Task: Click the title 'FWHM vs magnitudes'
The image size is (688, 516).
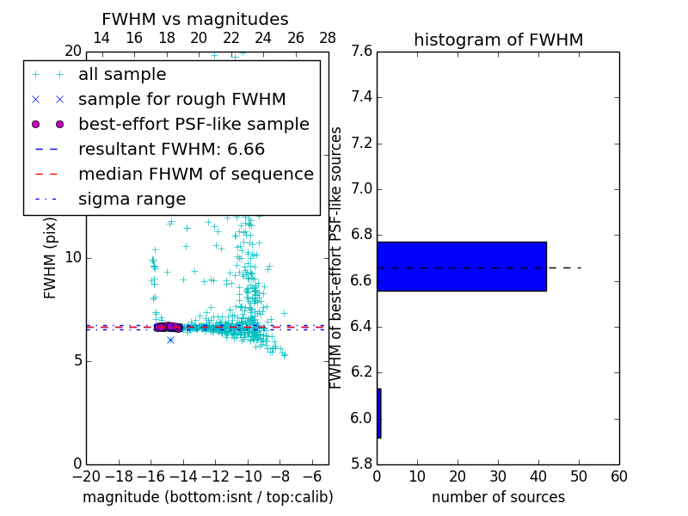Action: pos(195,19)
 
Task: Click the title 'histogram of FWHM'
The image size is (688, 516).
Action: pos(498,40)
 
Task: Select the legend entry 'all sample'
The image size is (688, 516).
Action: pos(122,75)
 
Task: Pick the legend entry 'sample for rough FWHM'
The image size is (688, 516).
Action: pos(181,100)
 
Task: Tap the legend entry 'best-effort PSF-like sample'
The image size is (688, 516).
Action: pos(193,125)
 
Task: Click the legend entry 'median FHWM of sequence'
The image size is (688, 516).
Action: pos(195,175)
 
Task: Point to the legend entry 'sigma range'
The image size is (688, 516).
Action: pos(132,200)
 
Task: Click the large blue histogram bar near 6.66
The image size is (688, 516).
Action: pos(461,267)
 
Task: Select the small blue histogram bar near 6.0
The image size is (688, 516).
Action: pos(378,414)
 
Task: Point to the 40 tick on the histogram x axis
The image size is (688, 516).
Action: pos(537,476)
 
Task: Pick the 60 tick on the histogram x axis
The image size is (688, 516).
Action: pos(618,476)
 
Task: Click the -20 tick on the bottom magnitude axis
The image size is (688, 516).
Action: pos(86,476)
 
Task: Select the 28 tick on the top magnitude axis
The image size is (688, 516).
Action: pos(328,38)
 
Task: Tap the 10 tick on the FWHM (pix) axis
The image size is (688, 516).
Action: pos(73,258)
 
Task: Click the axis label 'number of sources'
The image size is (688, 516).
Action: pos(498,497)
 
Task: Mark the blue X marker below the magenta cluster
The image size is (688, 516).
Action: pos(170,340)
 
